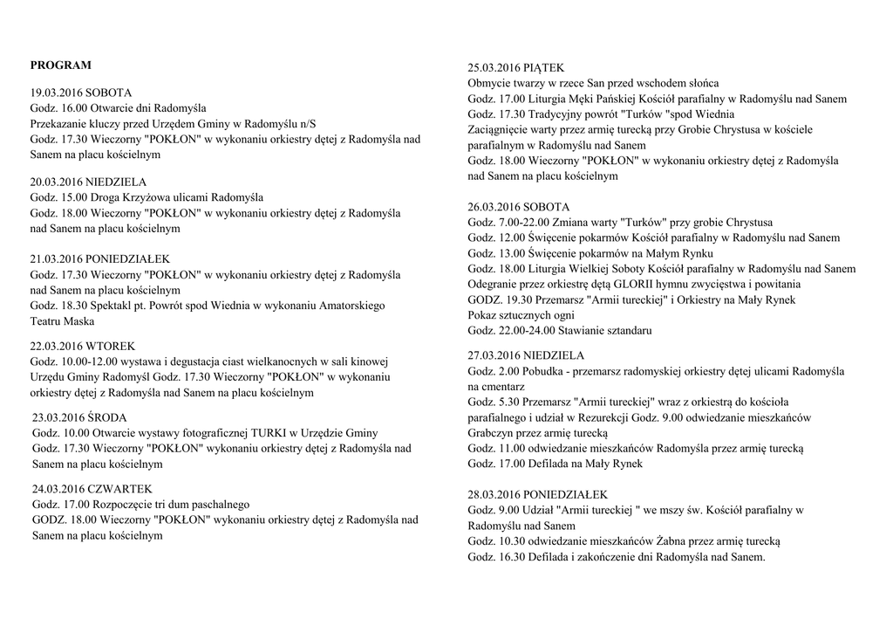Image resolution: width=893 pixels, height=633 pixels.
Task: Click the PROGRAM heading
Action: pyautogui.click(x=60, y=65)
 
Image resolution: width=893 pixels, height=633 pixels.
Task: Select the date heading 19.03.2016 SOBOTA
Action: pyautogui.click(x=81, y=92)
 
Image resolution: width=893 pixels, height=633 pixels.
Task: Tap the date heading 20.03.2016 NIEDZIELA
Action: pyautogui.click(x=88, y=182)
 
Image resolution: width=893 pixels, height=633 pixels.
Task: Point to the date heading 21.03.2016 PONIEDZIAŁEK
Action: pyautogui.click(x=100, y=259)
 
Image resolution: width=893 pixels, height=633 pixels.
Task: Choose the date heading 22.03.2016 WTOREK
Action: pyautogui.click(x=83, y=346)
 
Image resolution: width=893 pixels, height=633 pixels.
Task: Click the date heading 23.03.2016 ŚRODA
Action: pyautogui.click(x=79, y=417)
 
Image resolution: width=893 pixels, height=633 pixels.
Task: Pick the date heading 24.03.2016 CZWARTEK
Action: pyautogui.click(x=92, y=489)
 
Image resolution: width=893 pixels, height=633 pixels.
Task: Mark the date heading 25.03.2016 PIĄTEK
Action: pyautogui.click(x=515, y=68)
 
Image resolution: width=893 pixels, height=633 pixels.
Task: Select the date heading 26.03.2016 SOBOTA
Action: pyautogui.click(x=519, y=207)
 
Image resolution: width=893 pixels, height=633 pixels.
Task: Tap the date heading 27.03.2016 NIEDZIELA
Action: pyautogui.click(x=526, y=355)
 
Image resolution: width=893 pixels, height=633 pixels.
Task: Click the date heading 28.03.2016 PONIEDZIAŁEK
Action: pyautogui.click(x=538, y=494)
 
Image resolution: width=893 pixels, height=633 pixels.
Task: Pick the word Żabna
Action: pyautogui.click(x=671, y=541)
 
